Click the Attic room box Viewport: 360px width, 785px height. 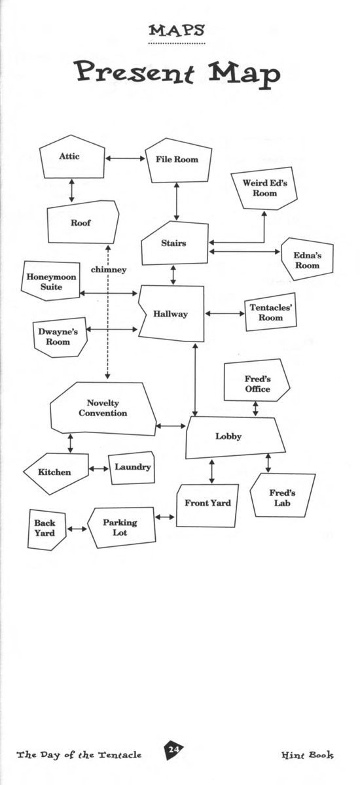(x=72, y=156)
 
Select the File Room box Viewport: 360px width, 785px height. (x=179, y=160)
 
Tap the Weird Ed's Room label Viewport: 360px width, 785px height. (x=264, y=188)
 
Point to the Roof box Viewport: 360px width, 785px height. (x=82, y=222)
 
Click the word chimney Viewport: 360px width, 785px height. (x=109, y=270)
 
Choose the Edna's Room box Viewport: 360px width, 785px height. (x=308, y=259)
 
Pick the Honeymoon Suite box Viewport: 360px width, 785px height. (x=50, y=281)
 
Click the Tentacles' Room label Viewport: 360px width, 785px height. (x=270, y=312)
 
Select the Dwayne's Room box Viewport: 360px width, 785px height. (x=60, y=338)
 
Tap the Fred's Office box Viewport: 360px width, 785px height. (x=257, y=380)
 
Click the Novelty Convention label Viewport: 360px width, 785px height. (x=103, y=408)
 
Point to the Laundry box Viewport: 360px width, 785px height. (x=132, y=468)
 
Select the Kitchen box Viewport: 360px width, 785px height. (x=56, y=473)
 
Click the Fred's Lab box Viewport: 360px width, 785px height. (x=283, y=496)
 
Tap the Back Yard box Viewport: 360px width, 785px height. (x=46, y=529)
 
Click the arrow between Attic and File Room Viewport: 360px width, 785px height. (x=125, y=158)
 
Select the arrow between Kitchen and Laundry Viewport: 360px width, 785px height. (x=98, y=468)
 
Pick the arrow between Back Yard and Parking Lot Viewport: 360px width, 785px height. (x=77, y=529)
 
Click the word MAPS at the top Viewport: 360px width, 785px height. (x=177, y=31)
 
